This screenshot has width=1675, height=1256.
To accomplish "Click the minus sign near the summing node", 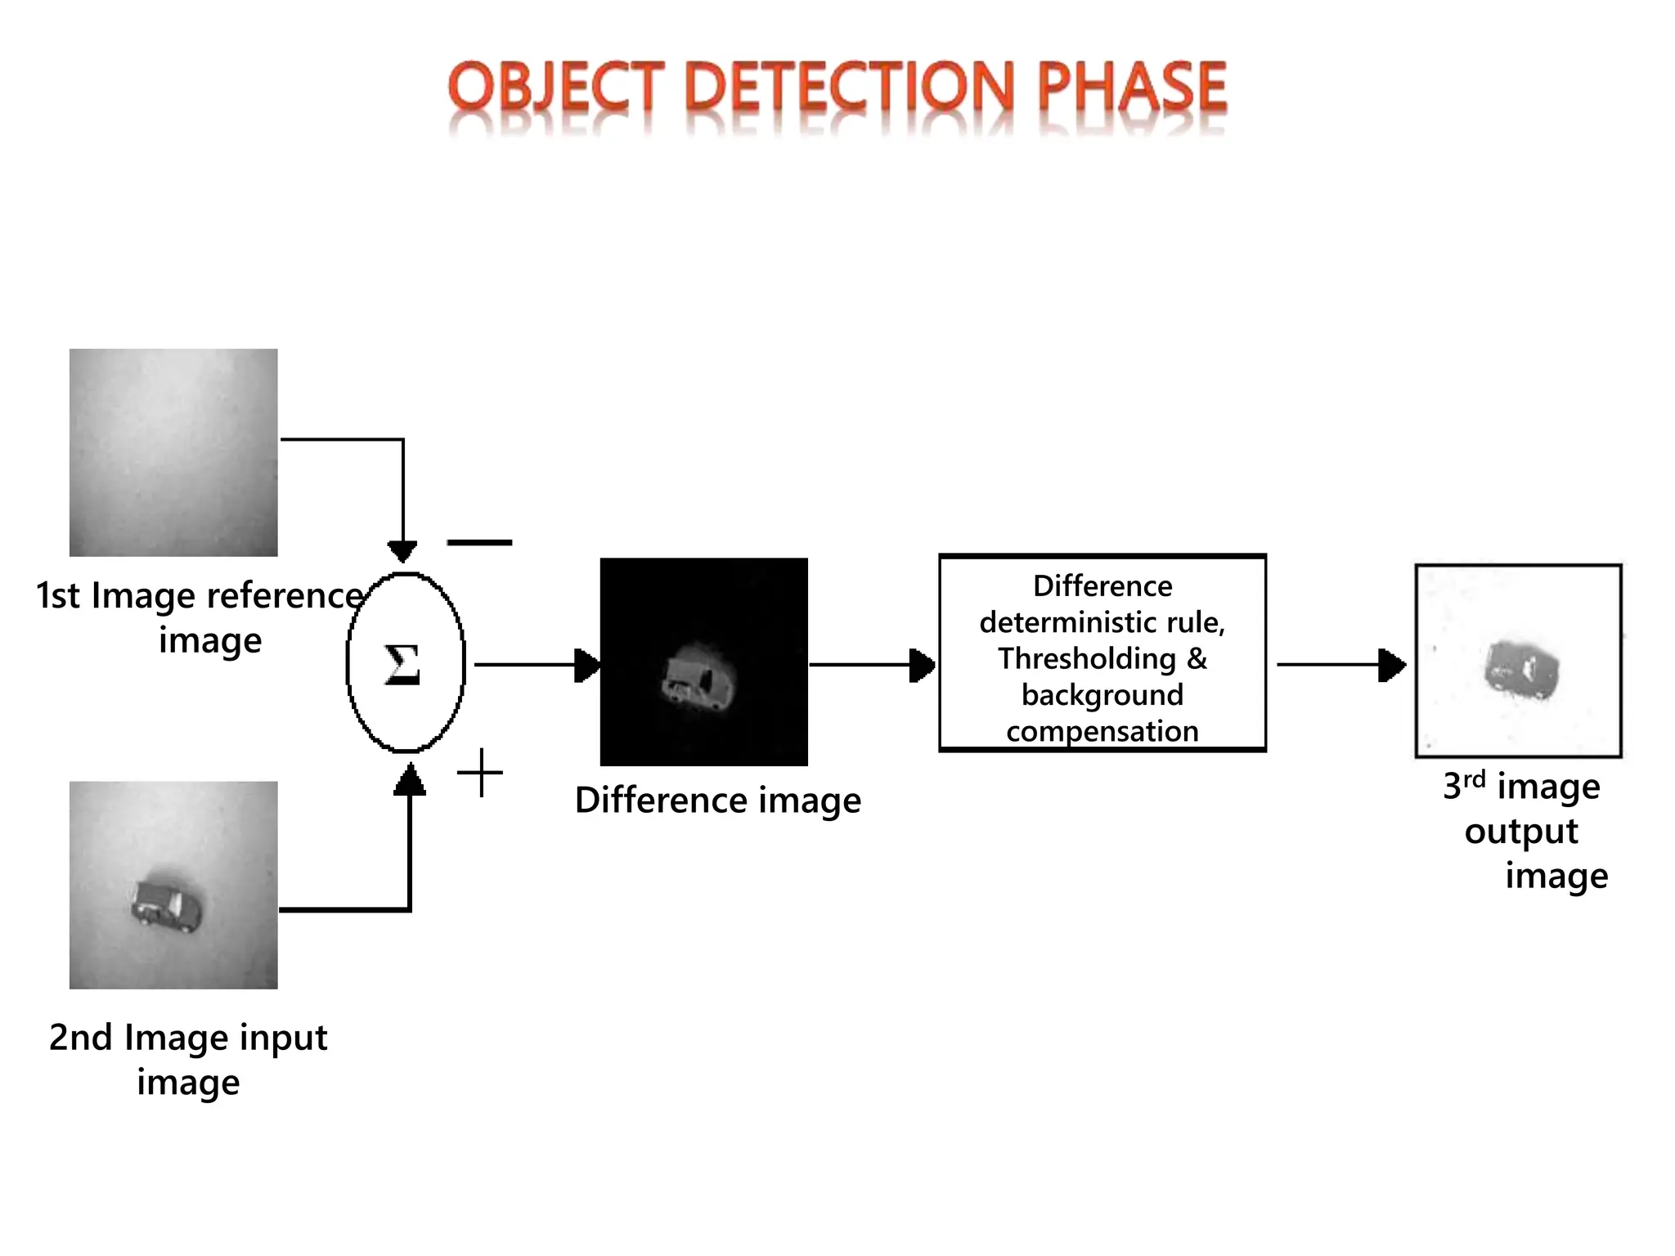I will click(479, 542).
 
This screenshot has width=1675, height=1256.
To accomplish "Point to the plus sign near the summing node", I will click(480, 773).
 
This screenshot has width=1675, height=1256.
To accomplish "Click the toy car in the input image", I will click(166, 905).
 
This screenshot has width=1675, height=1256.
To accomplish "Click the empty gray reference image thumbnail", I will click(173, 452).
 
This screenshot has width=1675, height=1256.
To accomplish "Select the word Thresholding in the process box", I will click(1087, 658).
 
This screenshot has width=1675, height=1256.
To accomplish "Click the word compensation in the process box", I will click(1102, 731).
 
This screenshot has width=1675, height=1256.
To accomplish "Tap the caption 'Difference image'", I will click(718, 800).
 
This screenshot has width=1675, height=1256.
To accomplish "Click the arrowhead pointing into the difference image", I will click(587, 665).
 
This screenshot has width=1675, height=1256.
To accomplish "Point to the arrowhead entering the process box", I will click(923, 665).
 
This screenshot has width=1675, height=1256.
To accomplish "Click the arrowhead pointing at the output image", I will click(1391, 665).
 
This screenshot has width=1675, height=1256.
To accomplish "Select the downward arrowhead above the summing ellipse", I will click(402, 551).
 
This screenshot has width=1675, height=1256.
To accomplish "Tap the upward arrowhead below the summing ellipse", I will click(409, 780).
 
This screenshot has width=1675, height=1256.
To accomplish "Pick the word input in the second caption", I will click(285, 1037).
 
